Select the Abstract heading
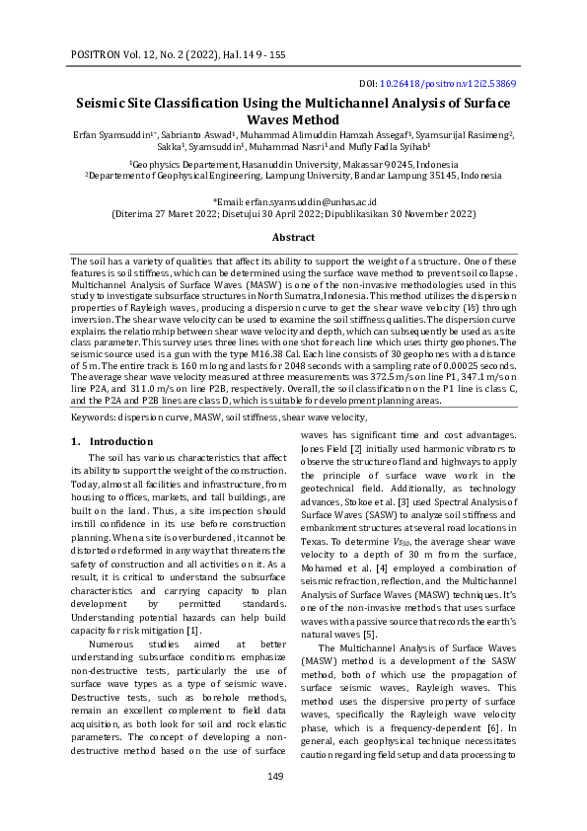(293, 238)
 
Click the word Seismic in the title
(109, 103)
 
